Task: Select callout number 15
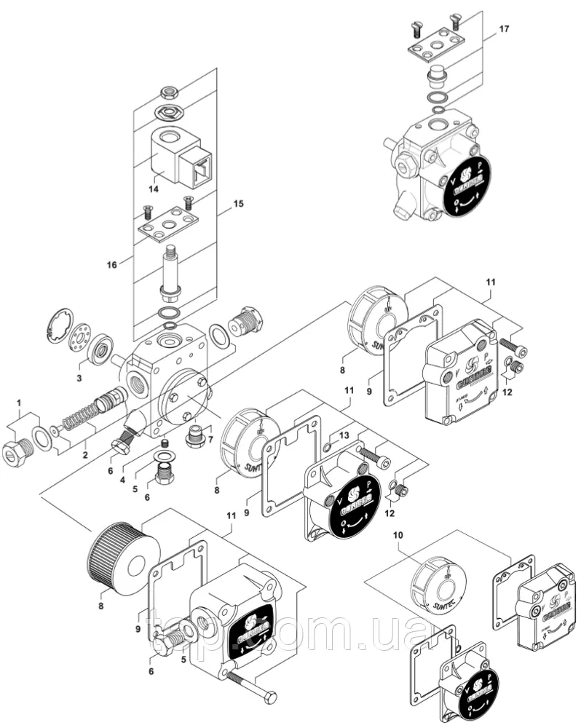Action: pyautogui.click(x=238, y=205)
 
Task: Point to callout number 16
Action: pyautogui.click(x=112, y=265)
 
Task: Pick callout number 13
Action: pyautogui.click(x=345, y=435)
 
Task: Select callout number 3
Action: pyautogui.click(x=80, y=378)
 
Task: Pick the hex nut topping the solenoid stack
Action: pyautogui.click(x=170, y=92)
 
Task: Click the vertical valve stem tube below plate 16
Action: pyautogui.click(x=172, y=273)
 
